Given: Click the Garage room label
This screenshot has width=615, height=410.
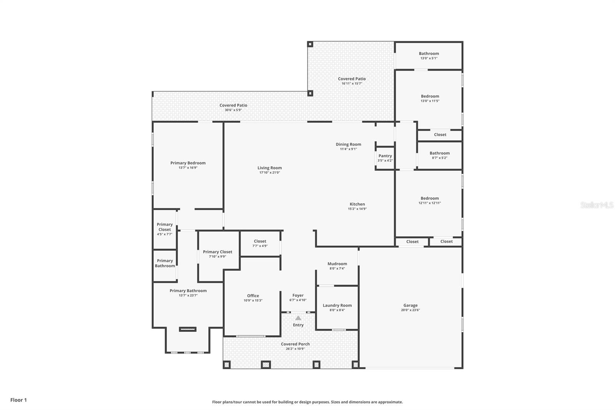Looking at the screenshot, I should coord(410,305).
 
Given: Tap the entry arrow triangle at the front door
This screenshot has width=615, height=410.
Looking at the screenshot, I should coord(298,318).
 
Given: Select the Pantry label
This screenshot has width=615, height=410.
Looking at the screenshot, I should coord(385,156).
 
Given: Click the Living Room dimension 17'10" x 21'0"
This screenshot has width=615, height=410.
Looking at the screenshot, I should coord(269,173).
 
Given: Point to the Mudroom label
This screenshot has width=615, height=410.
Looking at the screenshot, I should coord(337,264).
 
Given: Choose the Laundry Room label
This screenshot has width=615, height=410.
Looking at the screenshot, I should coord(337,305).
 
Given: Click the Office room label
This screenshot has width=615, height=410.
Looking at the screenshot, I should coord(253,296).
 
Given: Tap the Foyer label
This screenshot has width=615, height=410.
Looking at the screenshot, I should coord(298,295).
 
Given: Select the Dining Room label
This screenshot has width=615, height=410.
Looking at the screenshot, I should coord(348,144).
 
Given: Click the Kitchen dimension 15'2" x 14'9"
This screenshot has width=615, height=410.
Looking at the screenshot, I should coord(357,209).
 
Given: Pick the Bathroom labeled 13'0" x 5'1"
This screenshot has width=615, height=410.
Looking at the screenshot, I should coord(429,54).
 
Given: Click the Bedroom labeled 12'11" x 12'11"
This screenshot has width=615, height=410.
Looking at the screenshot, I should coord(429,198).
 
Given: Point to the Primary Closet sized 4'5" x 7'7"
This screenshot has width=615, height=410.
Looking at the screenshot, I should coord(165,227).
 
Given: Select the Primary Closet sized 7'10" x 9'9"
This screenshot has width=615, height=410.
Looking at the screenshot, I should coord(218,252).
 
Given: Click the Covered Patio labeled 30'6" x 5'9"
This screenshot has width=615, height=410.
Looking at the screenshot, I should coord(233,105).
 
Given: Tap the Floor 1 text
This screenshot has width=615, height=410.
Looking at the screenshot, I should coord(18,400).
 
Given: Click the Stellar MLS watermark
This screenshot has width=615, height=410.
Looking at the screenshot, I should coord(597,205).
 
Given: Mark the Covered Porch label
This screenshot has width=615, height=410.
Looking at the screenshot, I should coord(295,344).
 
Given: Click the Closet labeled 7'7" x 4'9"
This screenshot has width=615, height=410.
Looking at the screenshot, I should coord(260,241).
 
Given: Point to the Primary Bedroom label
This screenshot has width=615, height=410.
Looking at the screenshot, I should coord(188,163).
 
